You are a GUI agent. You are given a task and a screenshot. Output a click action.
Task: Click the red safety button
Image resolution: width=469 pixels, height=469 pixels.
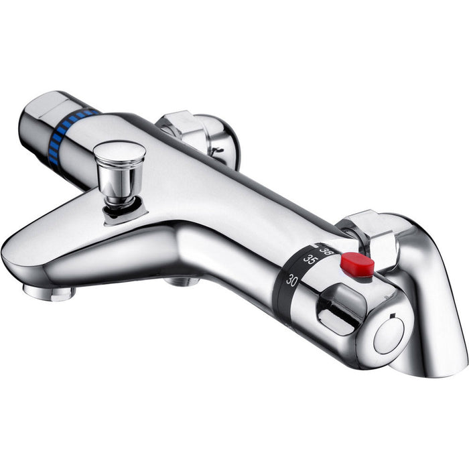coord(356,265)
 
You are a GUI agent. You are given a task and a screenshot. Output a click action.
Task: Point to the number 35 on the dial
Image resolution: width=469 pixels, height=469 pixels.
coord(310,259)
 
